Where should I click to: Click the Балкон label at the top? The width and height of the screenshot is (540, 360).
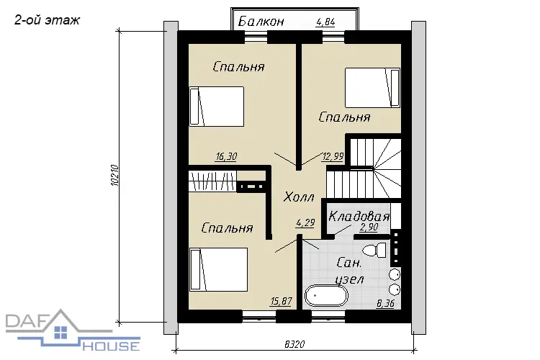click(x=261, y=22)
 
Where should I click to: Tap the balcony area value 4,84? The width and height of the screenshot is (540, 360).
click(x=325, y=22)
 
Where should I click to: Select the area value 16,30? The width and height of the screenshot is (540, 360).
click(x=226, y=157)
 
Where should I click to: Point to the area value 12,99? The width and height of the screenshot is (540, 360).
click(x=333, y=157)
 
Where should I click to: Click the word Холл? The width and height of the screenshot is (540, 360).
click(x=299, y=197)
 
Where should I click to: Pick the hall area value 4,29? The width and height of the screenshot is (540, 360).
click(x=305, y=223)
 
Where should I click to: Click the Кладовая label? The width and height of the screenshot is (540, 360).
click(x=359, y=216)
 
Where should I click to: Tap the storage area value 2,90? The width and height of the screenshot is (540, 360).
click(x=369, y=228)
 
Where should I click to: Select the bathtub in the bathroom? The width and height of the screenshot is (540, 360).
click(x=326, y=296)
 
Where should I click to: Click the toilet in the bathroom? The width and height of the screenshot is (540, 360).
click(x=375, y=250)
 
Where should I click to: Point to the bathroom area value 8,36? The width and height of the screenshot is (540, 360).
click(x=385, y=304)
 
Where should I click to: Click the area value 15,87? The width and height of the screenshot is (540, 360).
click(x=281, y=302)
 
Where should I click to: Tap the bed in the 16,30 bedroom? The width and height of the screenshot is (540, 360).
click(x=217, y=106)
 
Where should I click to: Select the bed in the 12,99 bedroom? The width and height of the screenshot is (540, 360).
click(x=373, y=88)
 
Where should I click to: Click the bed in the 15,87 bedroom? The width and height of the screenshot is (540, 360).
click(x=218, y=269)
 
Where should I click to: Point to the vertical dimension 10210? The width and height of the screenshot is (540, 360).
click(x=115, y=176)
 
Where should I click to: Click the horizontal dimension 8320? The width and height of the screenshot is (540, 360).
click(x=294, y=344)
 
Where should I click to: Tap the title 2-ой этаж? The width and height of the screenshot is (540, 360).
click(x=48, y=20)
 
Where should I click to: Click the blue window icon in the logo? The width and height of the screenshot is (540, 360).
click(x=61, y=333)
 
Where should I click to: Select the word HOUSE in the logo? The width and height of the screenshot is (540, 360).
click(x=111, y=346)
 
